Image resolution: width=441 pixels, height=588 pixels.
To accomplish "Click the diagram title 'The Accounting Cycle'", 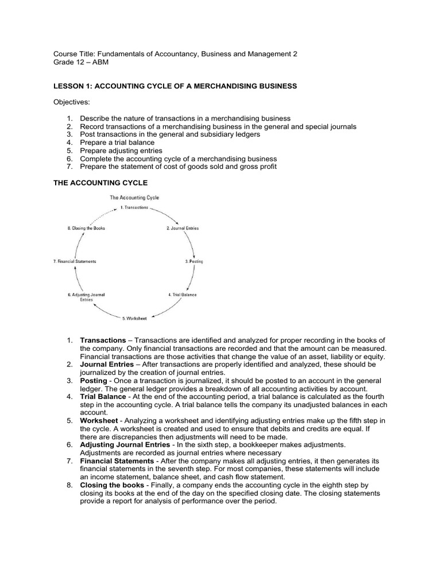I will coord(134,197).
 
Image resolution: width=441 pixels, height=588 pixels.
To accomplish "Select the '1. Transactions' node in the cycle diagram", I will coord(134,207).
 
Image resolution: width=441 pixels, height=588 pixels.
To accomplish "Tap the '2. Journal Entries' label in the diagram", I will coord(183,228).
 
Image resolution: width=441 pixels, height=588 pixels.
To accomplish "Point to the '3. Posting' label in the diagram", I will coord(194,261).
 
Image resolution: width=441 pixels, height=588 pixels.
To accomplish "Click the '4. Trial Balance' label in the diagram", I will coord(182,295).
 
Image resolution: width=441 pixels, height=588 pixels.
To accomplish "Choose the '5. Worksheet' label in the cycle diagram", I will coord(134,318).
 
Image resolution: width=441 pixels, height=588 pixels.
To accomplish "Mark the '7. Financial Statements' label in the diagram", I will coord(75,261).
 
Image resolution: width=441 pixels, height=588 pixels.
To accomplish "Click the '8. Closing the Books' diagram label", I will coord(86,228).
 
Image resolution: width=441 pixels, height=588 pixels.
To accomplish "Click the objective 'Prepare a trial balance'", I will coord(117,142).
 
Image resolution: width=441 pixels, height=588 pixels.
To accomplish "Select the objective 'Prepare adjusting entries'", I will coord(121,150).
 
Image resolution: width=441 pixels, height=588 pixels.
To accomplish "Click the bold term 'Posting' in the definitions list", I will coord(93,381).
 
